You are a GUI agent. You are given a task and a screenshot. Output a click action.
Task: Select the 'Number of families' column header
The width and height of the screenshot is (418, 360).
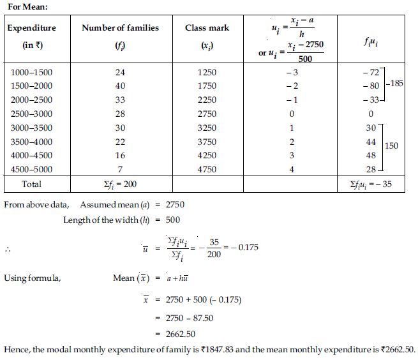(x=120, y=28)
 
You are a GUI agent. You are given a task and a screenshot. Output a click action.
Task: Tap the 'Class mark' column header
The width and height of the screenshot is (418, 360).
(x=207, y=28)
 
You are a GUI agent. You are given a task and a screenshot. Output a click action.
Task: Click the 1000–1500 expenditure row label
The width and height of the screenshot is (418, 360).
(x=32, y=72)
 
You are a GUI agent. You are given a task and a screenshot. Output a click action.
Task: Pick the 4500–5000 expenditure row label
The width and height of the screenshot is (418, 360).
(x=32, y=170)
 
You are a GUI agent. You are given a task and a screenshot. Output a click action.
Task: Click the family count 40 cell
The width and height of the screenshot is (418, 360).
(x=120, y=86)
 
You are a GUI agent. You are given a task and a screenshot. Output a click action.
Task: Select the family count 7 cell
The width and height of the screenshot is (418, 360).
(x=120, y=170)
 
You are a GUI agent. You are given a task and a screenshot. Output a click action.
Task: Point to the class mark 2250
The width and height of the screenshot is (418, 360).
(x=207, y=100)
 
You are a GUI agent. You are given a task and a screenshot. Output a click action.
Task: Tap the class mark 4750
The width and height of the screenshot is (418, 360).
(x=207, y=170)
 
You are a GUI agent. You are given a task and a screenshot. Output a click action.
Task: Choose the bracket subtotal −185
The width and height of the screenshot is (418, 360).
(x=395, y=84)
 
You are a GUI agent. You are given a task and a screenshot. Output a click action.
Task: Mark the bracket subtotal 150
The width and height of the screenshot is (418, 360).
(x=391, y=146)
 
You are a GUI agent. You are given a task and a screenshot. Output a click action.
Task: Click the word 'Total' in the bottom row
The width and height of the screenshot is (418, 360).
(x=31, y=184)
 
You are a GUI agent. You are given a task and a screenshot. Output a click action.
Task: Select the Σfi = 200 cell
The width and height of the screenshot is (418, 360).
(x=120, y=184)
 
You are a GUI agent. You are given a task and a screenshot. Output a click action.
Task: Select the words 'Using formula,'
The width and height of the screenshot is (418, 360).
(x=33, y=278)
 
